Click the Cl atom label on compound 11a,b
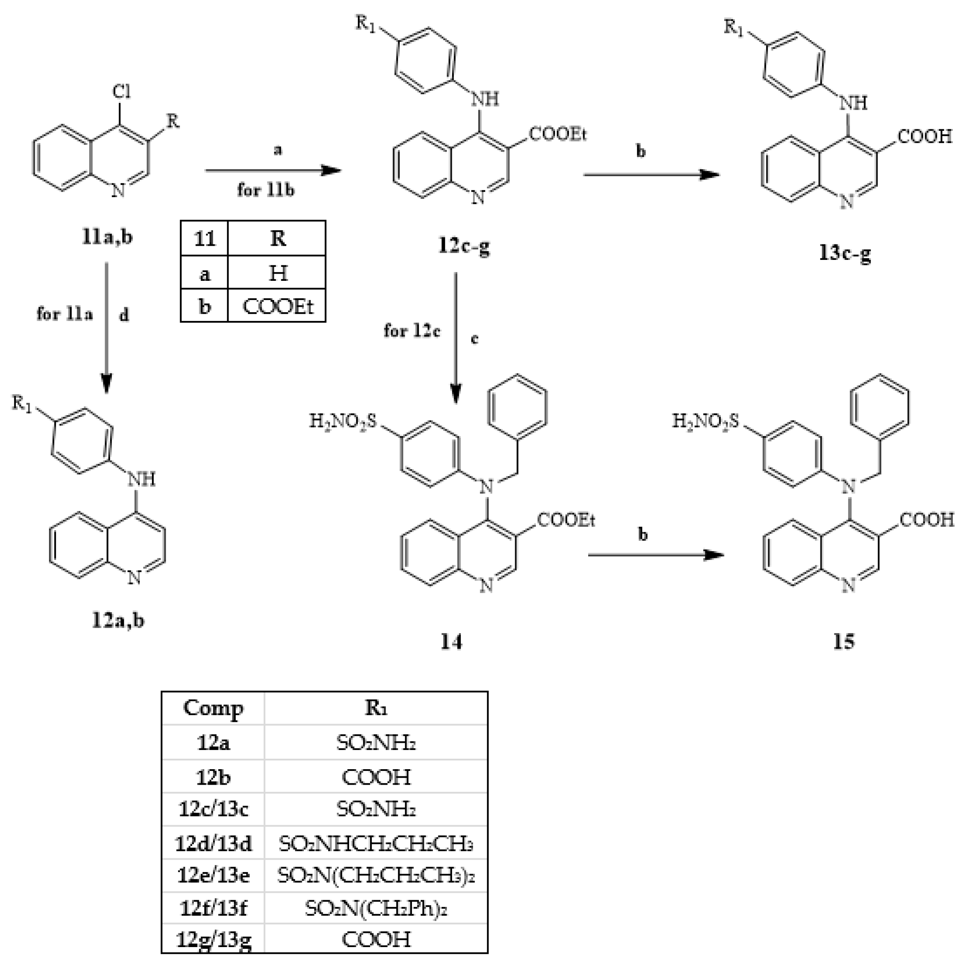point(121,92)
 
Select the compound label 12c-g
point(464,246)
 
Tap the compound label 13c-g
point(845,253)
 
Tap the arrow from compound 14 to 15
point(656,555)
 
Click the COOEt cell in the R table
point(277,306)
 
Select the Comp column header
point(213,708)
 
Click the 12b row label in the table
point(213,777)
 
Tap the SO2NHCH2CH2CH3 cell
point(376,844)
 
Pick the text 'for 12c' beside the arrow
point(411,331)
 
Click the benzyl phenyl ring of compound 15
point(880,406)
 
